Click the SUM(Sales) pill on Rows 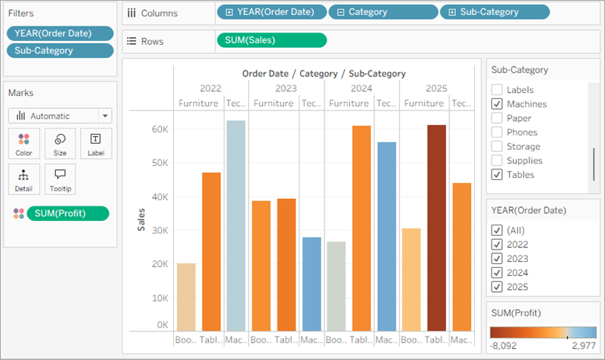click(x=271, y=40)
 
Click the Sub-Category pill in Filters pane click(x=60, y=51)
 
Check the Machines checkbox click(x=497, y=104)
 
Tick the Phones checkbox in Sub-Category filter click(x=497, y=132)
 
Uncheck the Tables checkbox click(x=497, y=175)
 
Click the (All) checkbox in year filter click(x=497, y=230)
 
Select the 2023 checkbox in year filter click(x=497, y=259)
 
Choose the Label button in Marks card click(x=95, y=143)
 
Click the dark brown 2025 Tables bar click(x=436, y=227)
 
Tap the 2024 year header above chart click(x=361, y=88)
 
